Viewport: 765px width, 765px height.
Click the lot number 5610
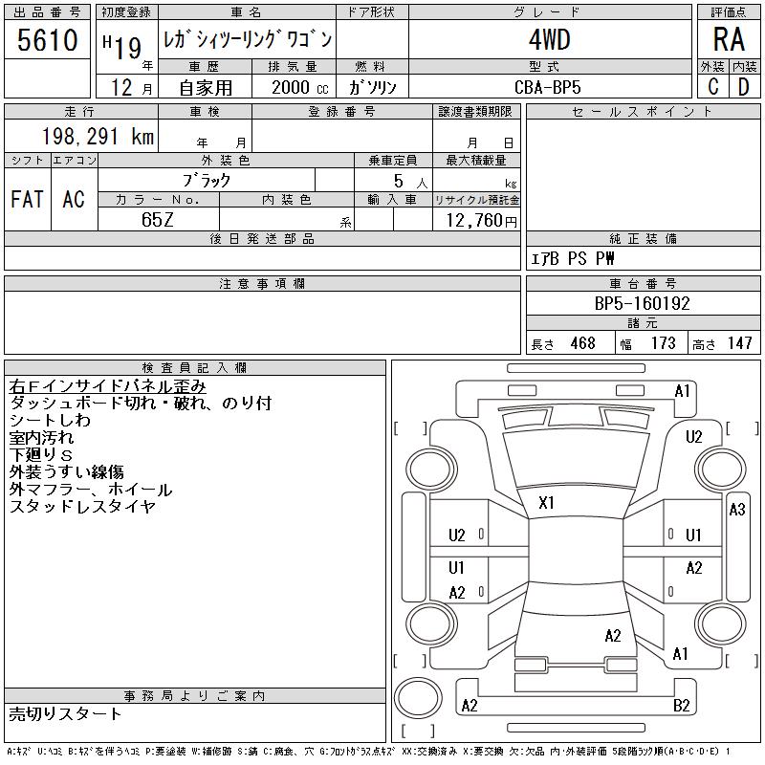[48, 40]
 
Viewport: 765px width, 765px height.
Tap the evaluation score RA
[729, 40]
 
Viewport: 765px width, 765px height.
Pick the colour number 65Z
[157, 219]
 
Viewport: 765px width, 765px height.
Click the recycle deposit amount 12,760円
[477, 220]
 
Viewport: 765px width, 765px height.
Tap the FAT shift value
[27, 200]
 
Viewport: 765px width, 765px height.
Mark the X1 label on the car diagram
[547, 502]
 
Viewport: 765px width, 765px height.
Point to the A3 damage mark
[736, 510]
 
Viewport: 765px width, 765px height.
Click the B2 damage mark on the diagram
[682, 706]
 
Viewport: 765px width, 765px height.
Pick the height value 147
[739, 343]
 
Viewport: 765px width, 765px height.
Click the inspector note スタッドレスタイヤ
[81, 508]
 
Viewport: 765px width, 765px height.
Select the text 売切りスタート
[66, 714]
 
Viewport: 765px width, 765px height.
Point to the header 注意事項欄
[262, 284]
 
